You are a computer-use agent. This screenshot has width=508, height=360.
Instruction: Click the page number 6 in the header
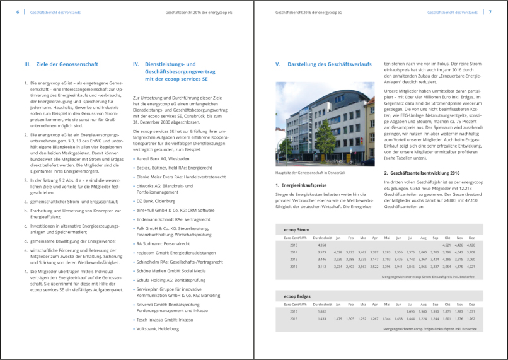[x=17, y=12]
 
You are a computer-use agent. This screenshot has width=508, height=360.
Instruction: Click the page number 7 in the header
[x=490, y=12]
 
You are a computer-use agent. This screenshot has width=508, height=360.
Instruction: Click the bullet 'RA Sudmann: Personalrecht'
[x=163, y=243]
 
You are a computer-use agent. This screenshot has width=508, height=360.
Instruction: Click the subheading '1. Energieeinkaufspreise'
[x=301, y=185]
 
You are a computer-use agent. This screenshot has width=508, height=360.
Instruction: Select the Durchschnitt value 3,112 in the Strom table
[x=322, y=266]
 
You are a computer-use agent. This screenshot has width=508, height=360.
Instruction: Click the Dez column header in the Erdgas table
[x=471, y=303]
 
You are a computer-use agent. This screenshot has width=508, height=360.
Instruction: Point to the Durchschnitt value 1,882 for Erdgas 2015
[x=322, y=311]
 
